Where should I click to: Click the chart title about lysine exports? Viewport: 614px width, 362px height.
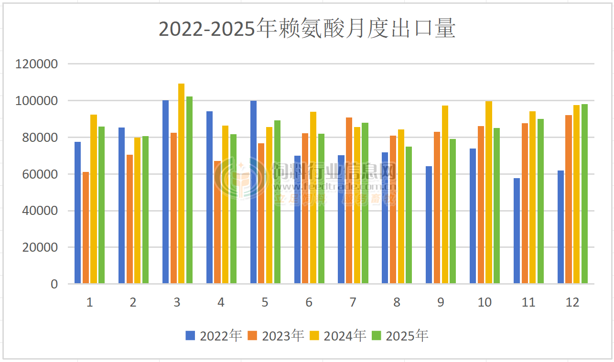[307, 29]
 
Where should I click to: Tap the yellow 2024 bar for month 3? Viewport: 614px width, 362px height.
[181, 184]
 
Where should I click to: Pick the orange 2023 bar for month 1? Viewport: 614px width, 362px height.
[86, 228]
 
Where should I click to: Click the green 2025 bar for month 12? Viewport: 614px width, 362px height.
[584, 194]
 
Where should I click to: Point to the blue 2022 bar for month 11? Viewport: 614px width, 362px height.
[517, 231]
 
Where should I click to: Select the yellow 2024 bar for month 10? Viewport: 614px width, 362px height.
[488, 192]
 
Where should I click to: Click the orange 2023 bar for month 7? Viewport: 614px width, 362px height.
[349, 201]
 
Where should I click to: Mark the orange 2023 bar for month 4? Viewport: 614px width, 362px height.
[217, 223]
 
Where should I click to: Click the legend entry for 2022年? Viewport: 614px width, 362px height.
[214, 336]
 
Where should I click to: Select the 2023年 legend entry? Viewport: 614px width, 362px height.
[276, 336]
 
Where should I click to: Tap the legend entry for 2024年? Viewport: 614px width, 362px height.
[338, 336]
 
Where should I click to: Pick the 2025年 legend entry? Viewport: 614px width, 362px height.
[400, 336]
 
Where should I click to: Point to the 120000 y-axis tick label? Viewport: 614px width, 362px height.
[36, 64]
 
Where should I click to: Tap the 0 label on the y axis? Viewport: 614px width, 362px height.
[54, 284]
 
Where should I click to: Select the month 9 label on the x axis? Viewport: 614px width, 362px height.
[440, 302]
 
